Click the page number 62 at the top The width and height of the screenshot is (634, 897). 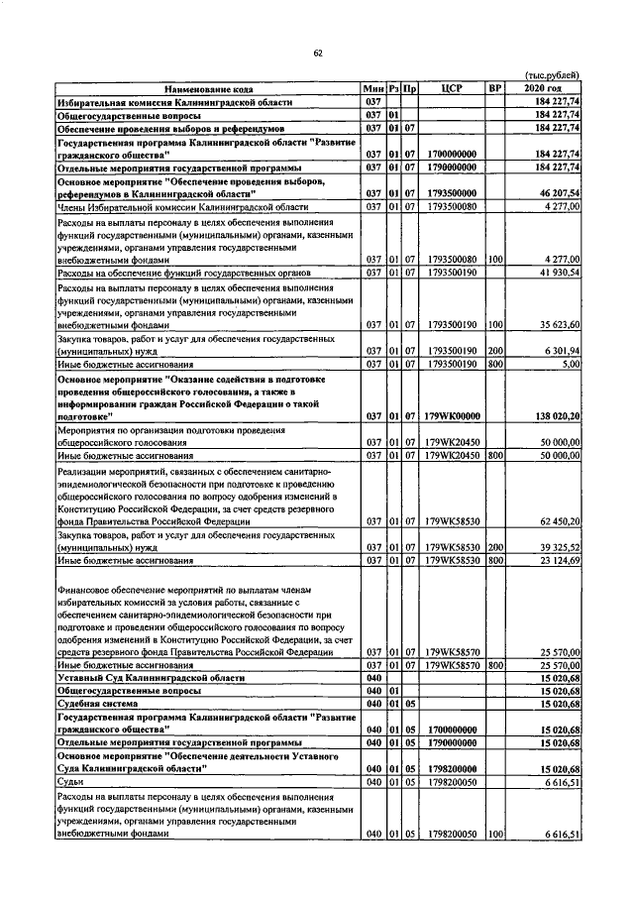pyautogui.click(x=318, y=53)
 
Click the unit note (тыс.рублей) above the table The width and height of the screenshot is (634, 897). pyautogui.click(x=552, y=76)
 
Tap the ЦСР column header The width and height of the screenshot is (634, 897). pyautogui.click(x=453, y=88)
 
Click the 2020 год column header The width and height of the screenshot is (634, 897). pyautogui.click(x=545, y=88)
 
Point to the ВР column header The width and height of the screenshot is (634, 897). pyautogui.click(x=496, y=88)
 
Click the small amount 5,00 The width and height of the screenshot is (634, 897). pyautogui.click(x=569, y=364)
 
